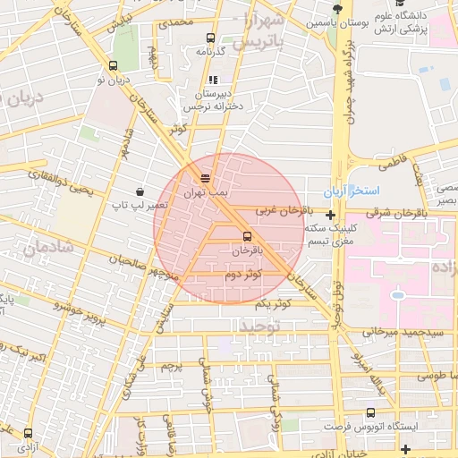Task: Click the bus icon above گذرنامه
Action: pyautogui.click(x=210, y=38)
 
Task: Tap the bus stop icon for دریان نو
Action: pyautogui.click(x=113, y=65)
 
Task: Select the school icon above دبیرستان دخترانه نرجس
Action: pyautogui.click(x=213, y=80)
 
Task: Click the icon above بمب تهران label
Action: pyautogui.click(x=206, y=178)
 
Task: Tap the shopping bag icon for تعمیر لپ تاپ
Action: pyautogui.click(x=140, y=191)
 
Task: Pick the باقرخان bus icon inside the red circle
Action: pyautogui.click(x=246, y=236)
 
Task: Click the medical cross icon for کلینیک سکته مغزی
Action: pyautogui.click(x=331, y=215)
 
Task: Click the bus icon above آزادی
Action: pyautogui.click(x=29, y=432)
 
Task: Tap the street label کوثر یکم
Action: pyautogui.click(x=274, y=305)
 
